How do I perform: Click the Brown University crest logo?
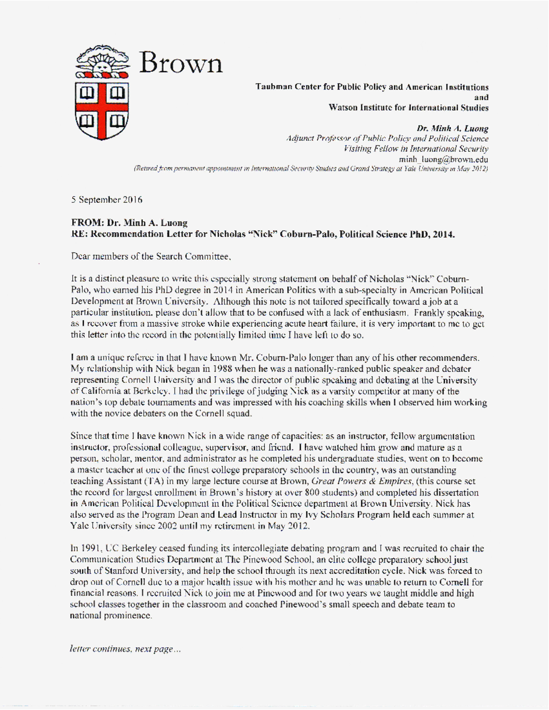coord(102,94)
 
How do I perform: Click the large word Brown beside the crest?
coord(180,63)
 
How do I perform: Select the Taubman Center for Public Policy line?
coord(371,87)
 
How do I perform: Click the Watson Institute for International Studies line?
coord(408,108)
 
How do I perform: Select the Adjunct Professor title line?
coord(387,139)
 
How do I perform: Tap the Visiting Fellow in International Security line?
coord(415,149)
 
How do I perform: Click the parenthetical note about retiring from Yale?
coord(311,169)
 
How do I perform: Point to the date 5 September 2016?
coord(107,200)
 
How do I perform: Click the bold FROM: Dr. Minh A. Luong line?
coord(129,223)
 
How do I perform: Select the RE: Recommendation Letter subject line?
coord(263,235)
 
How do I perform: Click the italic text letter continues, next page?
coord(125,649)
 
